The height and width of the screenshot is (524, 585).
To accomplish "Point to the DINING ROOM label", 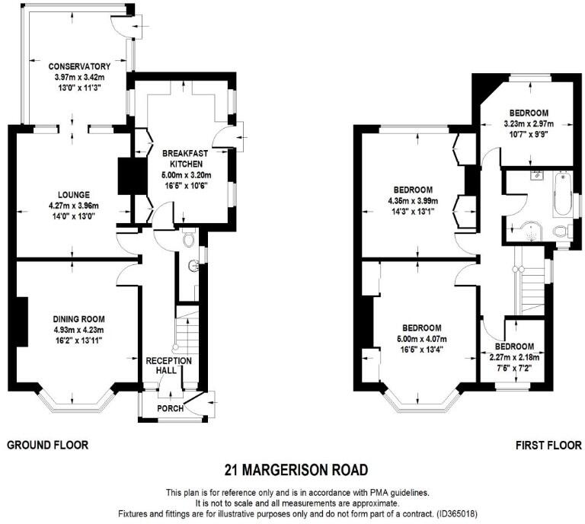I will pyautogui.click(x=78, y=319).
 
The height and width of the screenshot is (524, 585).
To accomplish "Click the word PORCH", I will pyautogui.click(x=169, y=408).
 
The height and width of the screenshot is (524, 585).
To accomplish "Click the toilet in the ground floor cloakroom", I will pyautogui.click(x=189, y=240).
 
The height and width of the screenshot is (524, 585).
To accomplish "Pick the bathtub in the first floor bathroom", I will pyautogui.click(x=561, y=195).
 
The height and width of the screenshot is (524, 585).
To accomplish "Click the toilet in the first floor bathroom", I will pyautogui.click(x=561, y=231).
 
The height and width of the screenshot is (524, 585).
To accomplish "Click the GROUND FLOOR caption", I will pyautogui.click(x=47, y=445).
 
